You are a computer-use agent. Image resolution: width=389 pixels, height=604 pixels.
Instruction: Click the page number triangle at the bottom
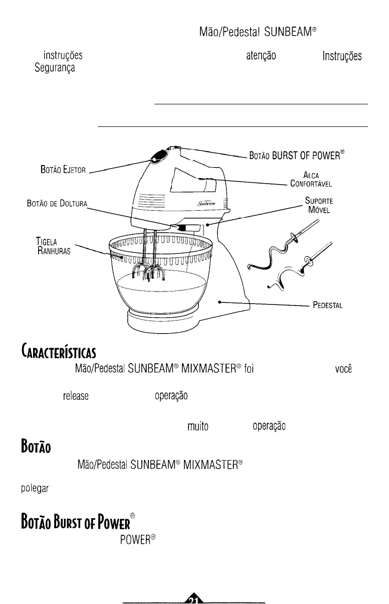click(x=194, y=597)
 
